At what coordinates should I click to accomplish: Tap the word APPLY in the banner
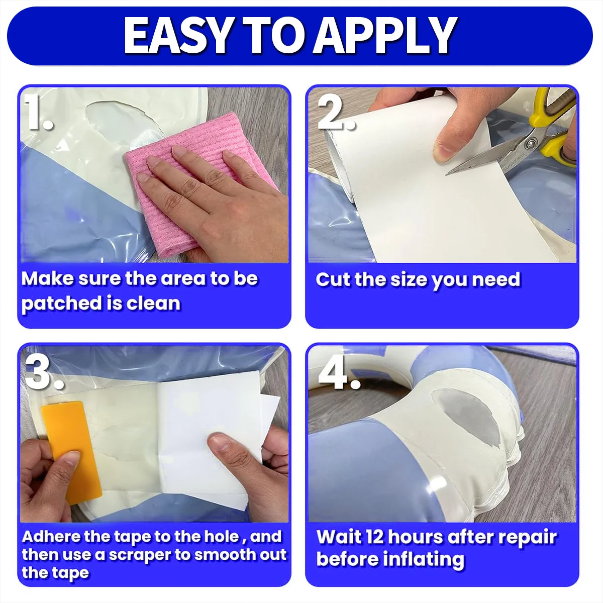coord(384,36)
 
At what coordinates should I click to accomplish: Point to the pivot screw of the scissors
coord(530,144)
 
